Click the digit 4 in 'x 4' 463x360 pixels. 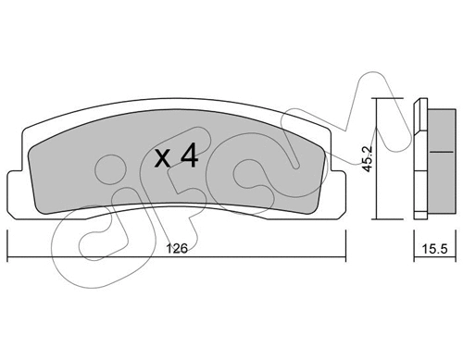click(188, 155)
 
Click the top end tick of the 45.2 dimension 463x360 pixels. click(378, 99)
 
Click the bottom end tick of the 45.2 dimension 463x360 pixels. click(378, 218)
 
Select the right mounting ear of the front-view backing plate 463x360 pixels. click(337, 187)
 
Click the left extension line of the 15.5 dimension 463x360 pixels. click(412, 241)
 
